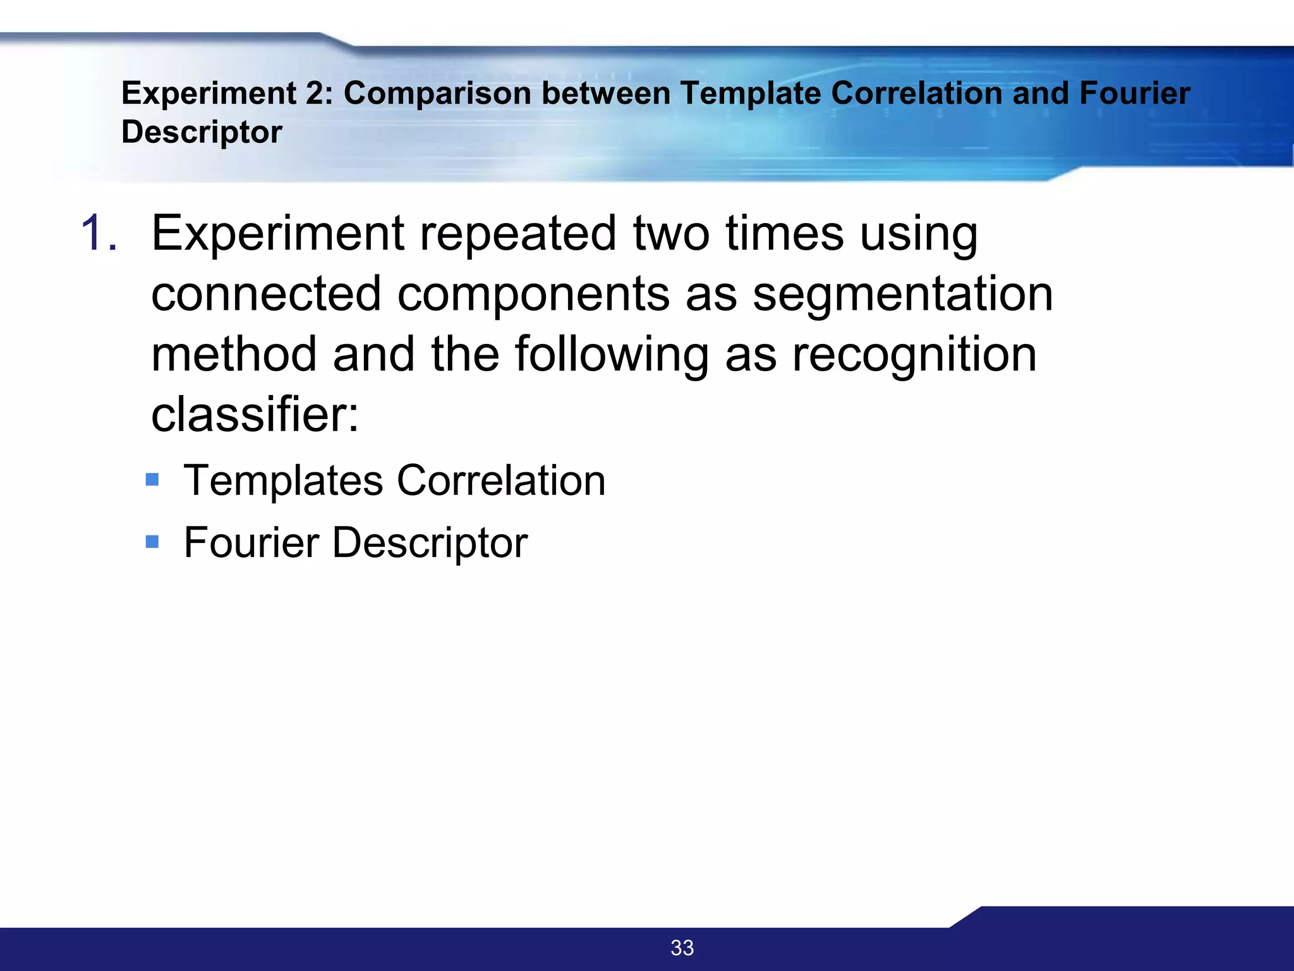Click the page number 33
[x=682, y=948]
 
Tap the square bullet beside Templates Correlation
[x=152, y=480]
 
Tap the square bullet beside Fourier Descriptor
[x=152, y=542]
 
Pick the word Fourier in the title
[x=1134, y=94]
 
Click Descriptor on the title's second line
[x=202, y=132]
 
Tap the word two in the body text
[x=672, y=233]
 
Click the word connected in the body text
[x=266, y=294]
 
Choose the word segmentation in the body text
[x=903, y=294]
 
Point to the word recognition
[x=914, y=355]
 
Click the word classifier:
[x=255, y=415]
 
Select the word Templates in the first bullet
[x=283, y=480]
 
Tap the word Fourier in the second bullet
[x=251, y=542]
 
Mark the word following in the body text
[x=612, y=355]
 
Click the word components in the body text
[x=533, y=294]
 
